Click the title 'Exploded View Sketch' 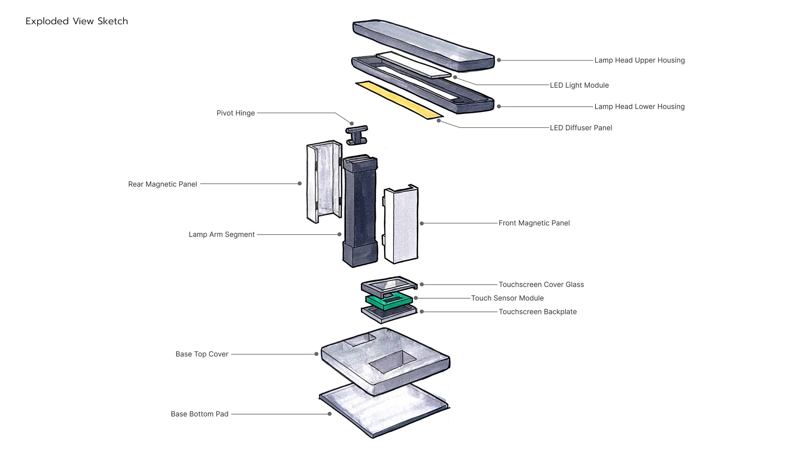click(77, 21)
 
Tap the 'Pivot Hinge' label click(236, 113)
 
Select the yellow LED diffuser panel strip click(399, 100)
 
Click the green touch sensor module click(389, 300)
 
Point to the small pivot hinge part click(357, 135)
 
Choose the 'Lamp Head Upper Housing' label click(639, 60)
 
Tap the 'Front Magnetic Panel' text click(534, 223)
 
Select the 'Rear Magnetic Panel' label click(163, 184)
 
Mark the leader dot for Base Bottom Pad click(330, 414)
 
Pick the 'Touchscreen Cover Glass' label click(541, 284)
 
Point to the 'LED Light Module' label click(579, 85)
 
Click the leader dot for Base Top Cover click(316, 354)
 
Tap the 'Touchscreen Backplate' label click(537, 312)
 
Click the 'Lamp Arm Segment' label click(222, 234)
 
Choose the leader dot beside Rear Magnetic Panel click(300, 183)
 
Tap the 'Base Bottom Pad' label click(199, 414)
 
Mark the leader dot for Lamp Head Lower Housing click(499, 106)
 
